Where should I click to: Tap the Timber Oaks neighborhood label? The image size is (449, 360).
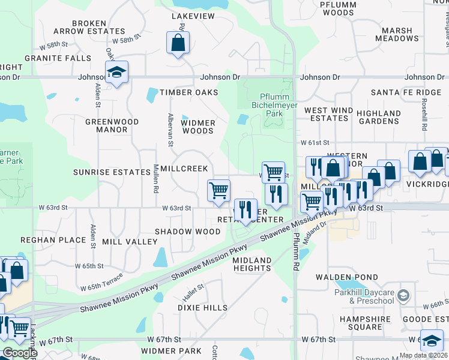pos(188,92)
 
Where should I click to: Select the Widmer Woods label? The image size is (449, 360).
pos(198,127)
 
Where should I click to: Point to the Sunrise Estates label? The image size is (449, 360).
pos(112,172)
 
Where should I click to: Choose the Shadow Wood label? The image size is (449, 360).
pos(187,232)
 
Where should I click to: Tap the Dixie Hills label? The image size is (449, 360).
pos(202,308)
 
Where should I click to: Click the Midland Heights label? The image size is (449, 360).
pos(252,264)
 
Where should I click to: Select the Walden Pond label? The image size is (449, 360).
pos(341,277)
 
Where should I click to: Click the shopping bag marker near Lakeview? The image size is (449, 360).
pos(178,43)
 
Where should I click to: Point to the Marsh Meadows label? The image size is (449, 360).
pos(397,34)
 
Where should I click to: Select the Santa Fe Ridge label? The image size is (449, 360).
pos(397,92)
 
